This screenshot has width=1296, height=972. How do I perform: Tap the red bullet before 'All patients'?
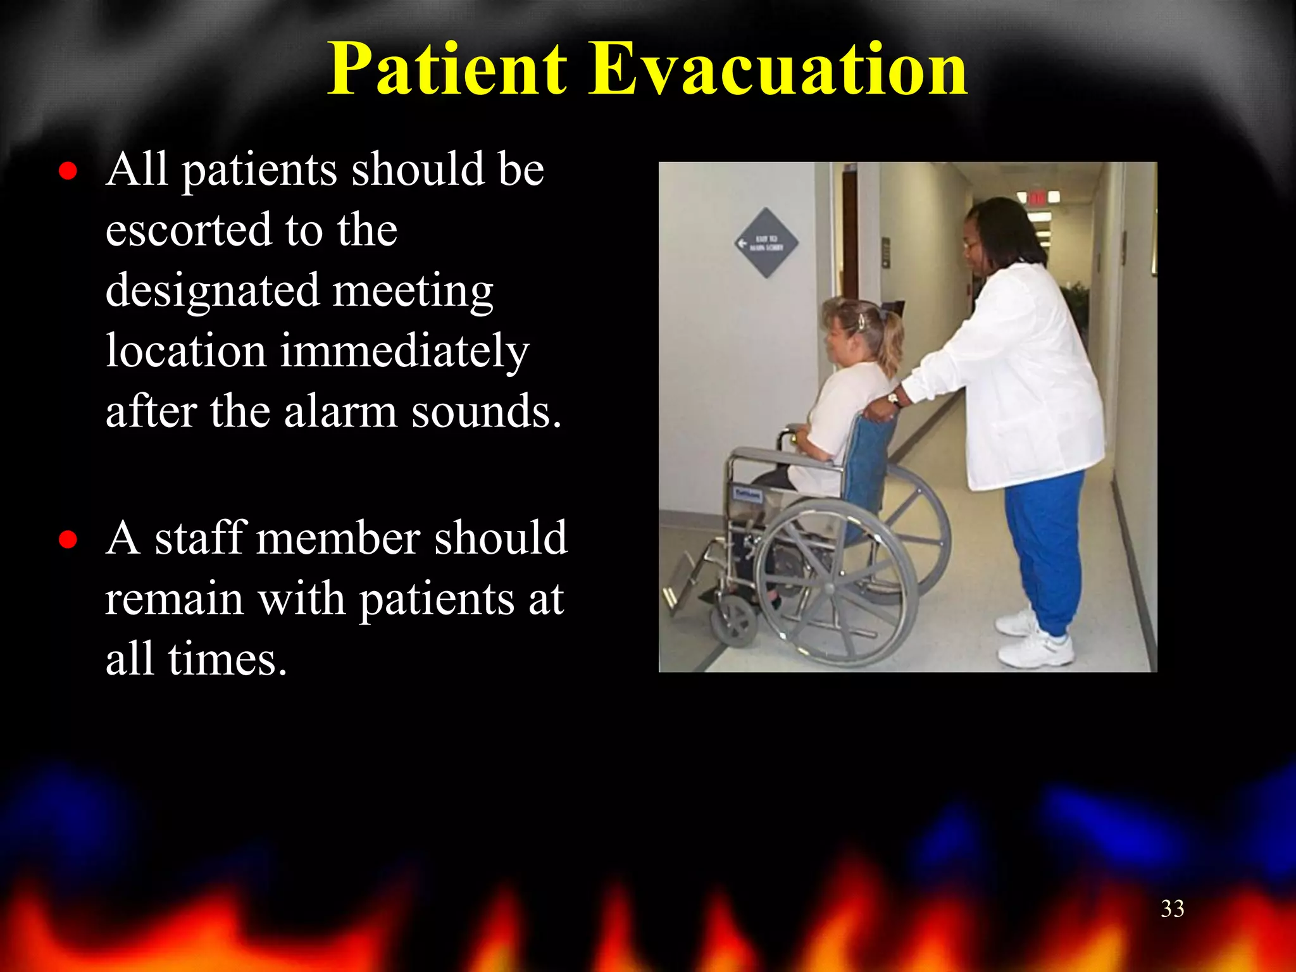click(x=68, y=171)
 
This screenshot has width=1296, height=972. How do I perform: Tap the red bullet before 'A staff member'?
click(x=68, y=540)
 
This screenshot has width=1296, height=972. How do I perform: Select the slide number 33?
click(x=1172, y=909)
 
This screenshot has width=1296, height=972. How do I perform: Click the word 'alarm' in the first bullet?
click(x=340, y=411)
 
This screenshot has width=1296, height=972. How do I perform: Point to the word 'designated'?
click(x=211, y=291)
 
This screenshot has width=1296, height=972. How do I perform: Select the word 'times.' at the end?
click(x=228, y=659)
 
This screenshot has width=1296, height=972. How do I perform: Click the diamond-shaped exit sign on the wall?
click(x=766, y=242)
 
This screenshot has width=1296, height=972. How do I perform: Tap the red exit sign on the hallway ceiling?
click(x=1037, y=198)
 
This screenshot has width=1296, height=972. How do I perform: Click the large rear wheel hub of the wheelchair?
click(x=829, y=587)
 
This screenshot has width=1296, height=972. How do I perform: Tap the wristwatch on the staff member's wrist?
click(x=894, y=399)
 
